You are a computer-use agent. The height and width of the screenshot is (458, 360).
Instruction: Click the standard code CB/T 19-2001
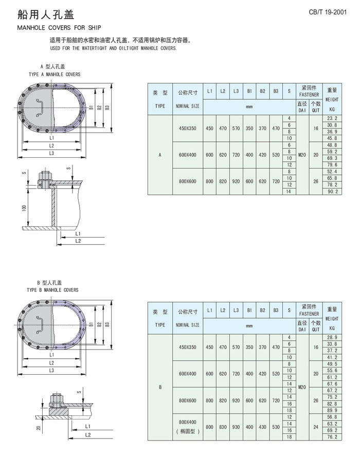click(328, 12)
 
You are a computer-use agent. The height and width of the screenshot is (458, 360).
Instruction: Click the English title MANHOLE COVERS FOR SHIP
click(59, 28)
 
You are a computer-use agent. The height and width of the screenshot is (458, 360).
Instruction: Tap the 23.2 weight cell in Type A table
click(332, 118)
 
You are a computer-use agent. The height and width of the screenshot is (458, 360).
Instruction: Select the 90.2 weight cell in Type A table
click(332, 192)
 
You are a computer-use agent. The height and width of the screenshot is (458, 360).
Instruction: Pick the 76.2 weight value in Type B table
click(332, 437)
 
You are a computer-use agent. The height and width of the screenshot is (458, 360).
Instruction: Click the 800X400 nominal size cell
click(188, 422)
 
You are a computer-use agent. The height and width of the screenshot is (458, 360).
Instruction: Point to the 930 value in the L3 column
click(236, 427)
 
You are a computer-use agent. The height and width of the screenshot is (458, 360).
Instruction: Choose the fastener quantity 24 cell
click(316, 427)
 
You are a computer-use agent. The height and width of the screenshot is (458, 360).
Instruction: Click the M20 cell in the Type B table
click(302, 387)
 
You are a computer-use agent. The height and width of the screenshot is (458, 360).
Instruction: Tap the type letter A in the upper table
click(160, 155)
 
